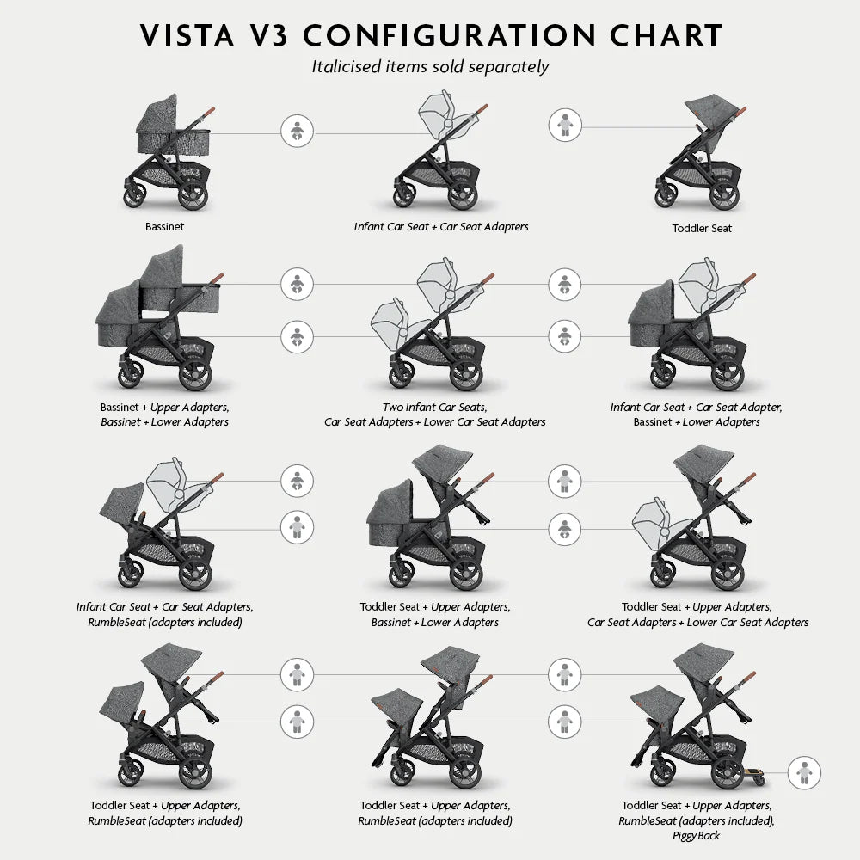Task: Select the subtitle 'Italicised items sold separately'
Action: tap(430, 66)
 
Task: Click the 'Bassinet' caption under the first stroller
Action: tap(164, 228)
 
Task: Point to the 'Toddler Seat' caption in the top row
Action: tap(702, 229)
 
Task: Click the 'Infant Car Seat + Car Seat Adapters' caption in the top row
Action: tap(441, 227)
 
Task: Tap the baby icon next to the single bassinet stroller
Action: tap(298, 132)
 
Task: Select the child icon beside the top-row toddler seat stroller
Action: tap(565, 126)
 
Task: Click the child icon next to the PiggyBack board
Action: tap(804, 772)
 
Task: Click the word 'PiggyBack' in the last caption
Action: tap(697, 836)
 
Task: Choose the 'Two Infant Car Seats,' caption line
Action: tap(434, 408)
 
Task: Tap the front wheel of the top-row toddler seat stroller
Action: tap(665, 195)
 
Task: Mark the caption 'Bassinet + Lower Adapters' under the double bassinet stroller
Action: tap(164, 422)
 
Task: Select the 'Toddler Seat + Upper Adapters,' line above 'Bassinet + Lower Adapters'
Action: tap(434, 607)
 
